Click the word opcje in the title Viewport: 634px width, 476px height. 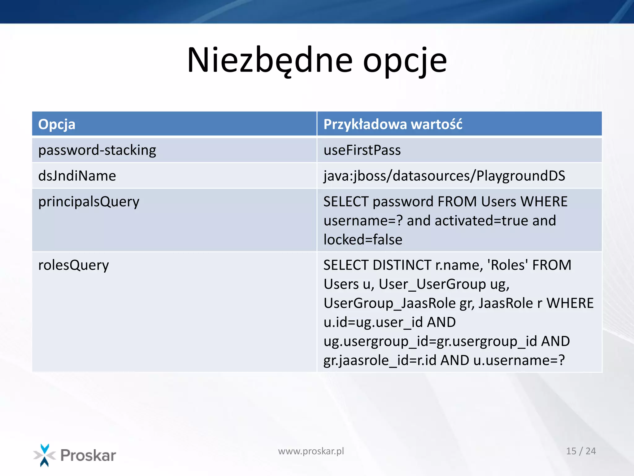point(405,62)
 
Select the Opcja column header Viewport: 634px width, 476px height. point(57,124)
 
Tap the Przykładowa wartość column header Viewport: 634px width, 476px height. point(393,124)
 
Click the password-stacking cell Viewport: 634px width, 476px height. point(97,150)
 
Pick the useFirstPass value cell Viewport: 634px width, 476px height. point(362,150)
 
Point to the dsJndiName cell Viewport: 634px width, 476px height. point(77,176)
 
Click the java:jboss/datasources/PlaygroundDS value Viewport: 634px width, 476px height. point(444,176)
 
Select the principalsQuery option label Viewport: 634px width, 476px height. point(89,202)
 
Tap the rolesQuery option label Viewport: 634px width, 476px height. point(73,265)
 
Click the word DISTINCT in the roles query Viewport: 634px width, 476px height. point(402,265)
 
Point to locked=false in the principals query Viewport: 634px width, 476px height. point(363,240)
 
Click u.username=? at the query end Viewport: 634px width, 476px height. point(519,360)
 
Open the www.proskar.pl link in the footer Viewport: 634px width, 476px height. point(311,451)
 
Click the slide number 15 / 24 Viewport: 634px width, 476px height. point(581,451)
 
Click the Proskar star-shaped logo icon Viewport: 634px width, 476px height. point(45,455)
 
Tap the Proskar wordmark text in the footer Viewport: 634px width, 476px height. point(88,456)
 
